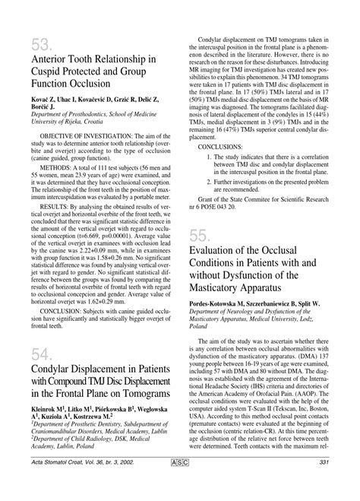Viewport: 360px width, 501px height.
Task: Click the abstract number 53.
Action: coord(42,43)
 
